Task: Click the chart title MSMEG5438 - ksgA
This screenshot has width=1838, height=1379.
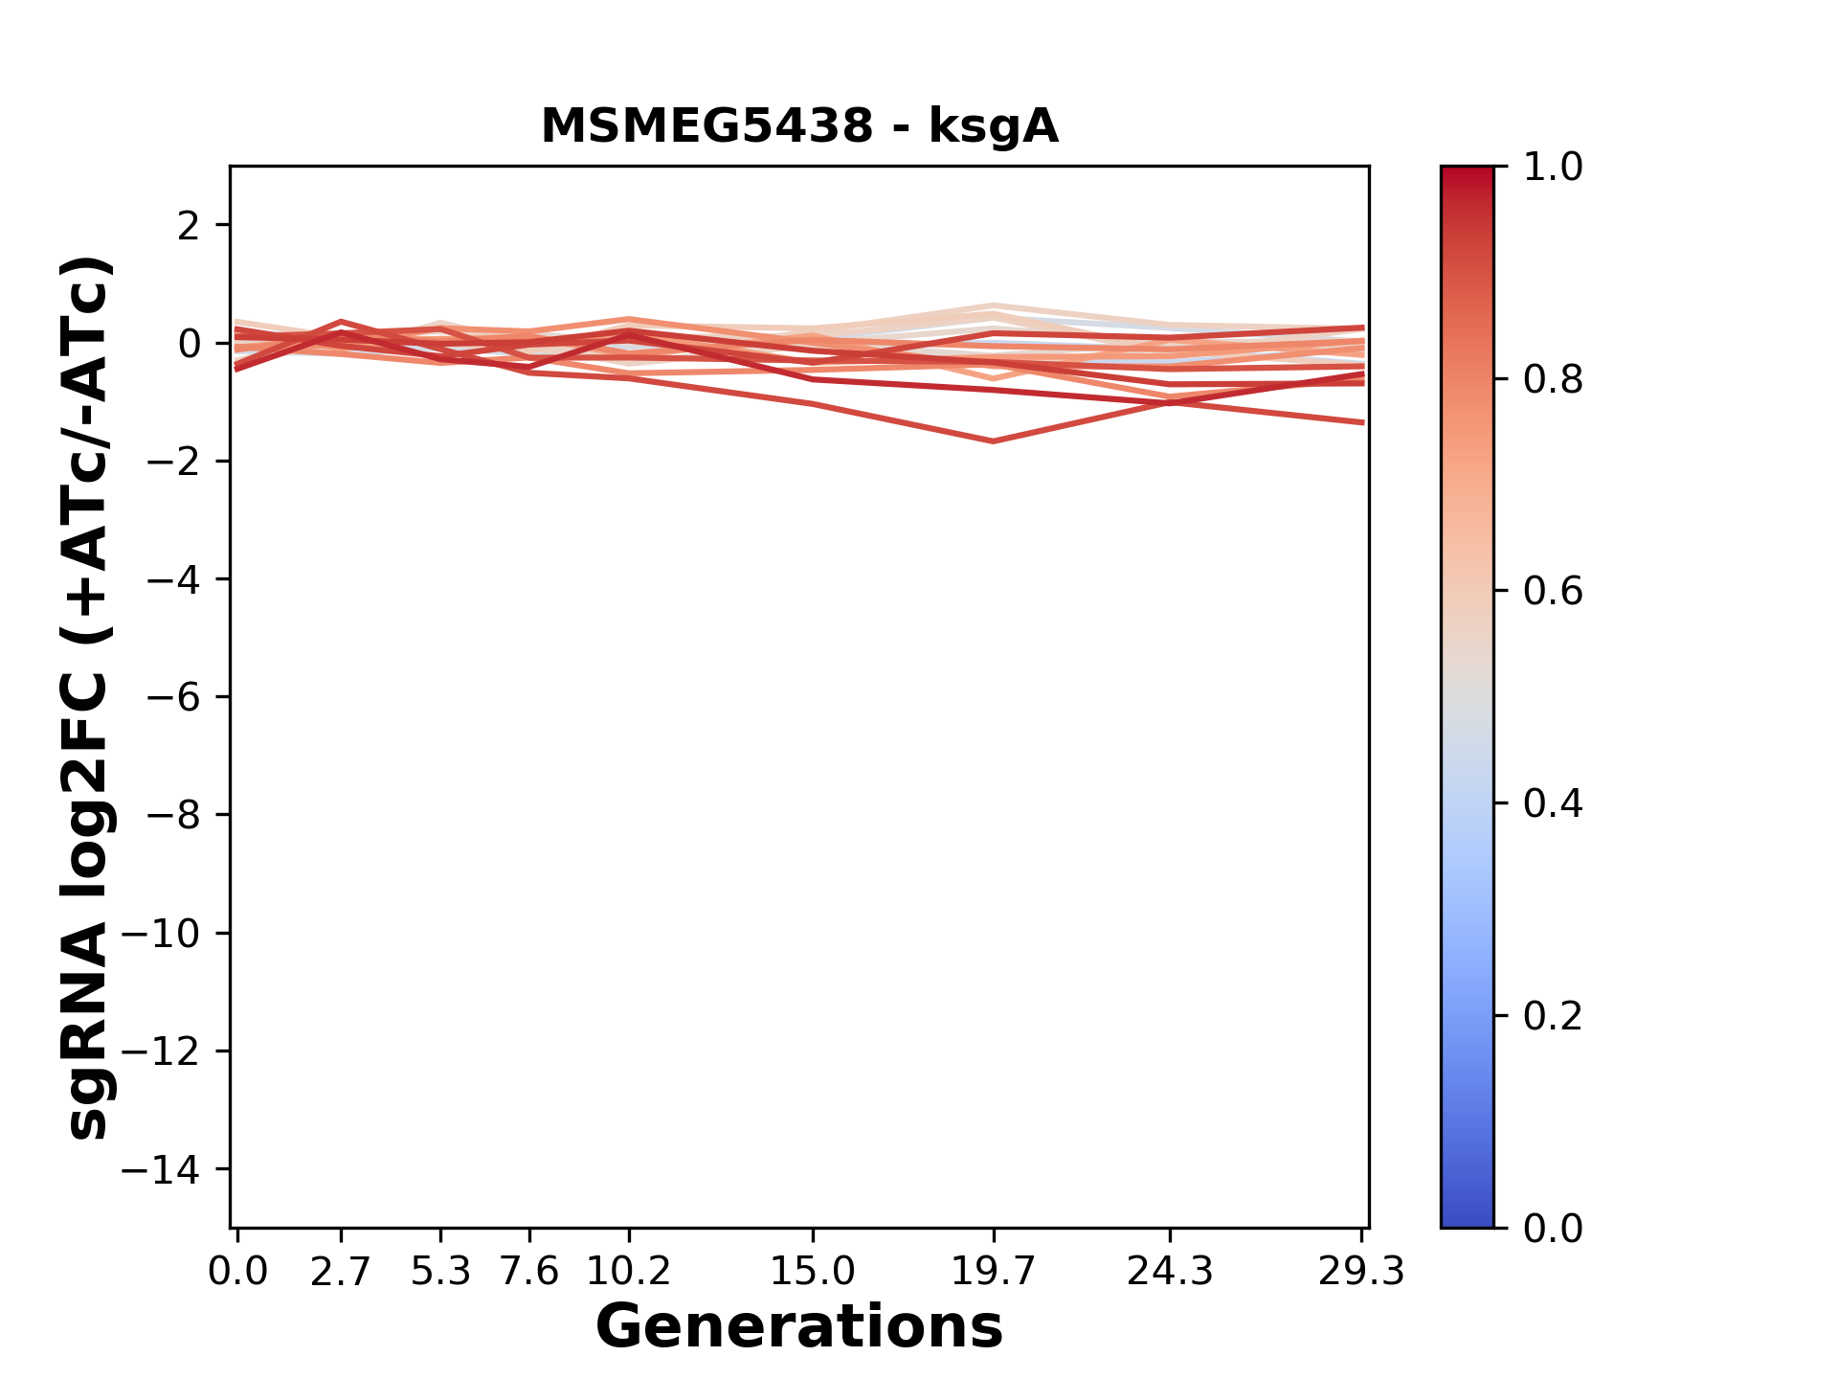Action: point(799,126)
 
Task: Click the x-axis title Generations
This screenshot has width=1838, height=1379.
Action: point(799,1327)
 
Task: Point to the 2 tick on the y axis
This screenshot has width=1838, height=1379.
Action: point(189,226)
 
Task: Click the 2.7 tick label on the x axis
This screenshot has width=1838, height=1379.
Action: point(341,1272)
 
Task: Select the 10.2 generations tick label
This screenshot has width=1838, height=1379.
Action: point(628,1272)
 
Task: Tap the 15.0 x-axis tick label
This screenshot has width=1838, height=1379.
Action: point(813,1272)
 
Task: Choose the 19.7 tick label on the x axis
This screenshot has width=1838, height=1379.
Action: point(994,1272)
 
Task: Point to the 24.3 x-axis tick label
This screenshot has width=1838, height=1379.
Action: point(1170,1272)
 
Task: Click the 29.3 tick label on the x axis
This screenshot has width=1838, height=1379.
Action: point(1361,1272)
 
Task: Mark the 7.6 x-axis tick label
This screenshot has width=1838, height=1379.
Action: point(529,1272)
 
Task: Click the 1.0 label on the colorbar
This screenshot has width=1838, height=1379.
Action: point(1553,168)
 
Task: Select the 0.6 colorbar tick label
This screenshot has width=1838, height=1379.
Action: point(1553,592)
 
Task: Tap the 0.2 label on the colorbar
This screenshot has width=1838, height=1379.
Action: point(1553,1016)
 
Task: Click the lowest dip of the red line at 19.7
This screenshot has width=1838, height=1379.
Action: point(994,441)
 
